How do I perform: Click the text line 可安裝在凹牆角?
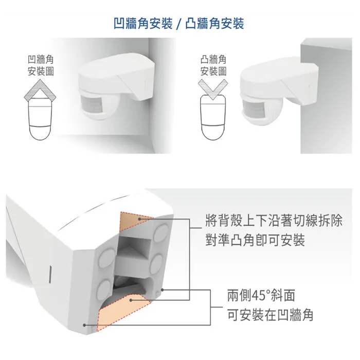tap(270, 314)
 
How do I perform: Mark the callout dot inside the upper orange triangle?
tap(142, 219)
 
